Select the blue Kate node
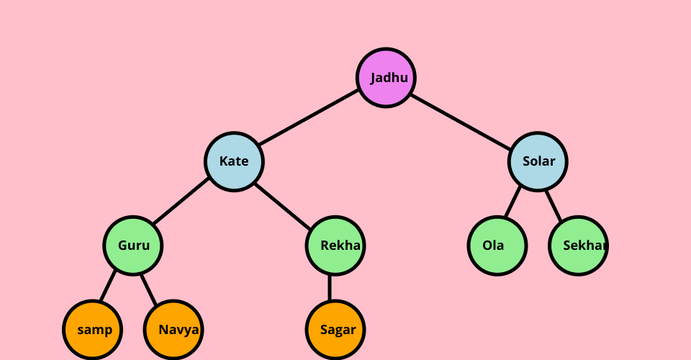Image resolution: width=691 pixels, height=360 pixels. coord(234,161)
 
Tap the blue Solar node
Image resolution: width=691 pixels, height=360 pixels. coord(538,161)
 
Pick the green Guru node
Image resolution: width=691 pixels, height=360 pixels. coord(133,246)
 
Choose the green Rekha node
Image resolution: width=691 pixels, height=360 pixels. coord(335,246)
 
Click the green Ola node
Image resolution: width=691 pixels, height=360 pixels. coord(497,246)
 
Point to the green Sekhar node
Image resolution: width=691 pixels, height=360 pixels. coord(578,246)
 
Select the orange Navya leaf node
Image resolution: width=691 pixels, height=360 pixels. coord(173,330)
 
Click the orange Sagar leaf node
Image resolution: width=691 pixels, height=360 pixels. coord(335,330)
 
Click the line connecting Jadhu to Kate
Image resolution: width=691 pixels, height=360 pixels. coord(308,118)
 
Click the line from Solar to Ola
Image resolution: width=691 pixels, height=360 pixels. coord(512,202)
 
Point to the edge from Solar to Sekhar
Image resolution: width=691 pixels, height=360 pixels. coord(554,202)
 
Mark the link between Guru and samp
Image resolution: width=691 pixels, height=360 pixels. coord(108,287)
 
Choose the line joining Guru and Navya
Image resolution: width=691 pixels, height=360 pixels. coord(149,287)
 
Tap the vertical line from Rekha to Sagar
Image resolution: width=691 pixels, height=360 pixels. coord(330,288)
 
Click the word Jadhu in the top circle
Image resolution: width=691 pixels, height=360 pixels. coord(389,78)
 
